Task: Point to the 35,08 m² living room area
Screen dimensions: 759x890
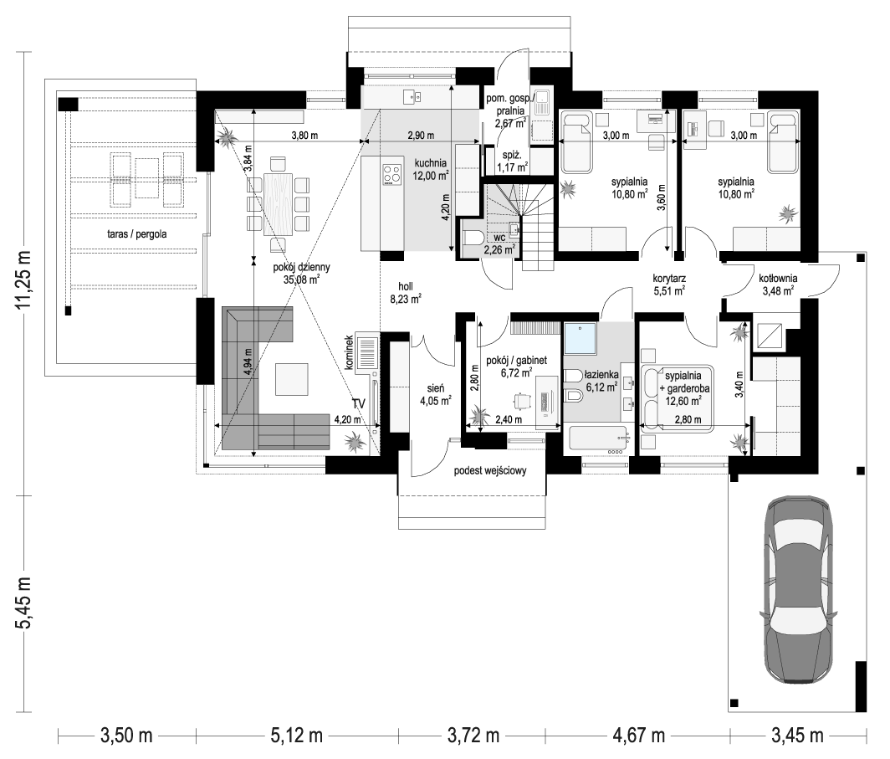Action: point(301,280)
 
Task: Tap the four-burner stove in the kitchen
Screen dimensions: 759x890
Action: point(391,175)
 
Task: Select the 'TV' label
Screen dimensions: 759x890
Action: point(359,404)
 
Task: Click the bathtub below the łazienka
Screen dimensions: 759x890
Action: point(598,438)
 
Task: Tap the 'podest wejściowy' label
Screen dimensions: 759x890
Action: point(489,472)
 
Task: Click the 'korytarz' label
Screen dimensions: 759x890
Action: point(669,279)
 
